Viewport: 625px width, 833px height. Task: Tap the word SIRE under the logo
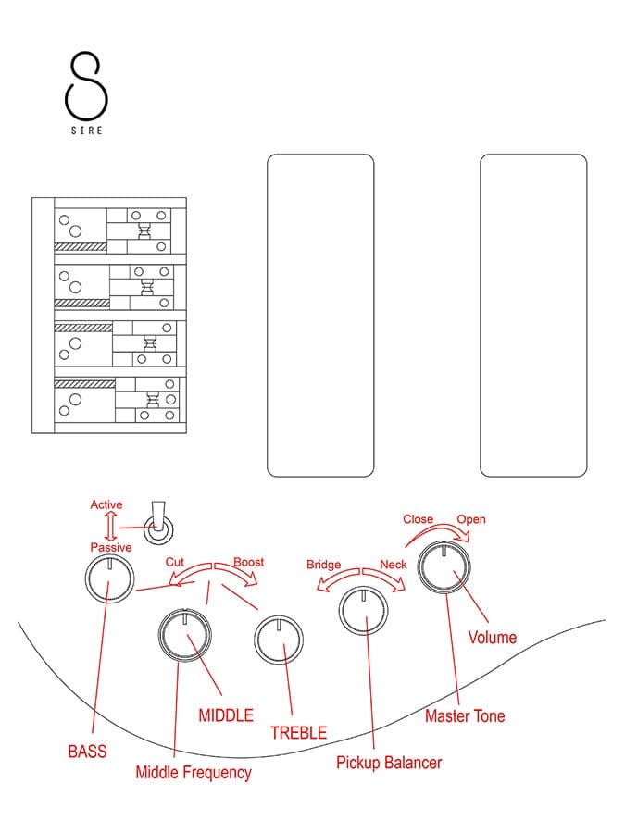87,131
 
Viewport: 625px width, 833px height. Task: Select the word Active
106,504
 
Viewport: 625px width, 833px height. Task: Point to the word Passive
110,547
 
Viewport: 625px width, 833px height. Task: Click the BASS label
87,752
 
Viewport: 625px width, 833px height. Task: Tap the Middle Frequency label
194,773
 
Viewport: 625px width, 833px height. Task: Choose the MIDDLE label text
226,715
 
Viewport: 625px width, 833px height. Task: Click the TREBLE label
299,733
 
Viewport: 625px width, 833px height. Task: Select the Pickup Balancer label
389,763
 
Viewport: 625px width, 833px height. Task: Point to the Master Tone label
465,715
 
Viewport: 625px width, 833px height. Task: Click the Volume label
493,637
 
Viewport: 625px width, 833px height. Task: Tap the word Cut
175,562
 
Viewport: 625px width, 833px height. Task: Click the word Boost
249,562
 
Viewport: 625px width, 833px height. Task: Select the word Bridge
324,565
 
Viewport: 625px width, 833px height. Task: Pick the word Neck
394,565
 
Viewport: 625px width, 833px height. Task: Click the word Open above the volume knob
471,519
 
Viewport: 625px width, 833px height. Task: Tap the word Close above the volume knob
419,519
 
